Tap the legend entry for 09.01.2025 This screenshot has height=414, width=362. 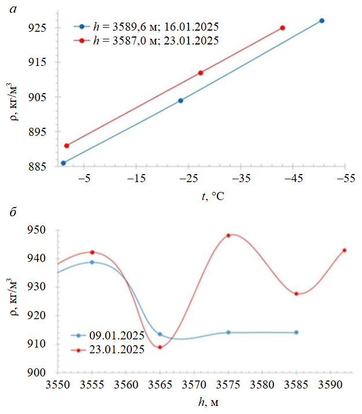pos(114,335)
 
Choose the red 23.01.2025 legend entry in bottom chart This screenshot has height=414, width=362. pos(114,349)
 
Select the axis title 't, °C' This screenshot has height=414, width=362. pos(213,197)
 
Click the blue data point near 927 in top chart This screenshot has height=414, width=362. pos(322,21)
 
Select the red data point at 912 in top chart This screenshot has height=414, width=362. pos(200,73)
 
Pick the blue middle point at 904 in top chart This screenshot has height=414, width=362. pos(180,101)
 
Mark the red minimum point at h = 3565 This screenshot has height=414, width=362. pos(160,347)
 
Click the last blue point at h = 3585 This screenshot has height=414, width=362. pos(296,332)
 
